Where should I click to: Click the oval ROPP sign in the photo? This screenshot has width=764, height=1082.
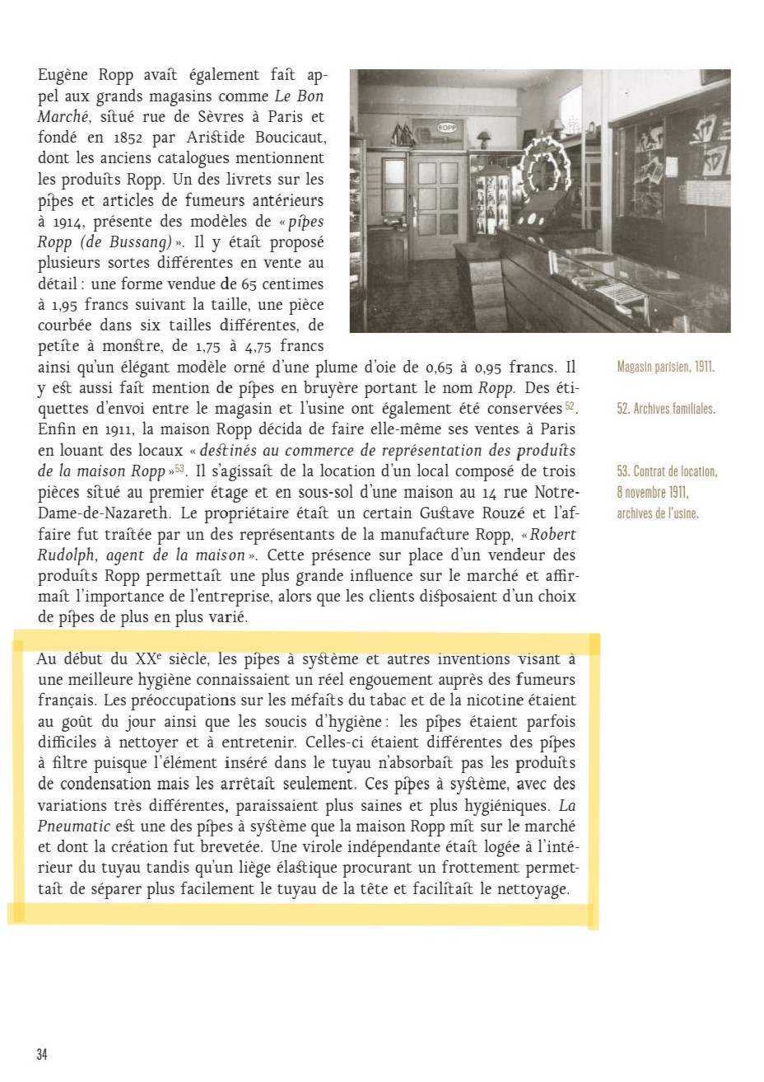coord(447,128)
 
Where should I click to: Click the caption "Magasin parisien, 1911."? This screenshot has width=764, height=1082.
coord(665,367)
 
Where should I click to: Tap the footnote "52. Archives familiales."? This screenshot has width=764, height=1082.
coord(665,409)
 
